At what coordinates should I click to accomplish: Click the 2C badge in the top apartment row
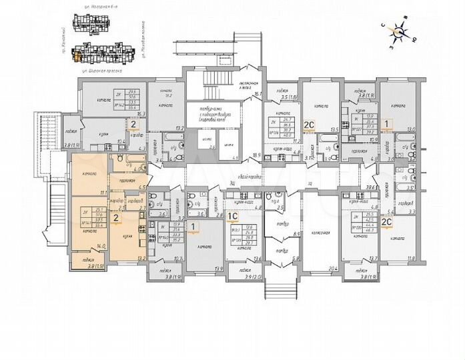click(x=309, y=124)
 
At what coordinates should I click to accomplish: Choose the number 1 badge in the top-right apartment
click(x=404, y=124)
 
